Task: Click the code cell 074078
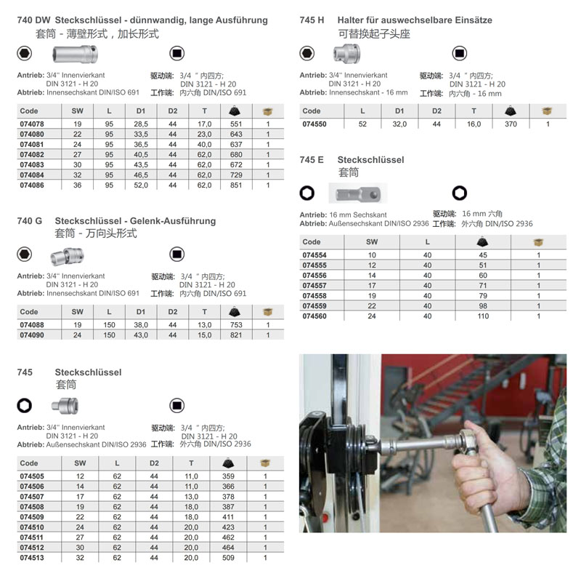[32, 124]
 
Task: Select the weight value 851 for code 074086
[236, 185]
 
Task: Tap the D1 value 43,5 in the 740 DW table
[141, 164]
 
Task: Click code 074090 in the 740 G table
[32, 335]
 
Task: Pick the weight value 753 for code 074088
[236, 325]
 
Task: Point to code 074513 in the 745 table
[32, 558]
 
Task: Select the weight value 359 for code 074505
[228, 476]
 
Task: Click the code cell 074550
[314, 124]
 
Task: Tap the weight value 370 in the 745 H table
[511, 124]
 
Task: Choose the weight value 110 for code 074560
[483, 316]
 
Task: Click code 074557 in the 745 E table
[314, 286]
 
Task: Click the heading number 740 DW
[33, 20]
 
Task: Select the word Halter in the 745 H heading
[349, 20]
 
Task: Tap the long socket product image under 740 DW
[76, 54]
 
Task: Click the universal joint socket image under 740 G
[68, 256]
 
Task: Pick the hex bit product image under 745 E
[358, 193]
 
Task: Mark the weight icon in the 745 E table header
[482, 242]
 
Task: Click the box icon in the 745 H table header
[547, 111]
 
